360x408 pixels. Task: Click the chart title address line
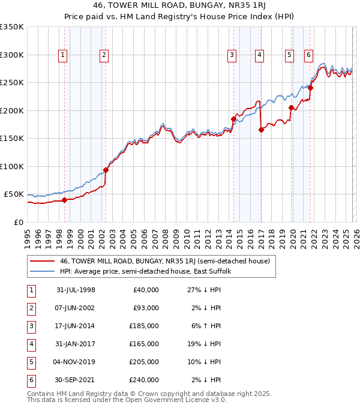tap(179, 5)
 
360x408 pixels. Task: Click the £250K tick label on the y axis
tap(12, 82)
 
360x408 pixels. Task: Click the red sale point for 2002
tap(106, 170)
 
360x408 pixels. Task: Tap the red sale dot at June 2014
tap(233, 119)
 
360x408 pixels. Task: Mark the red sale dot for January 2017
tap(261, 130)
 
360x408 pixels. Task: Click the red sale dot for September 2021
tap(311, 88)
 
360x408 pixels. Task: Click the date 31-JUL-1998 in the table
tap(76, 290)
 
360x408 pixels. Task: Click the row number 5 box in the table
tap(31, 362)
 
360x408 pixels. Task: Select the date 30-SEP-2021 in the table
tap(76, 380)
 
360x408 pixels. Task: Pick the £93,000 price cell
tap(144, 308)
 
